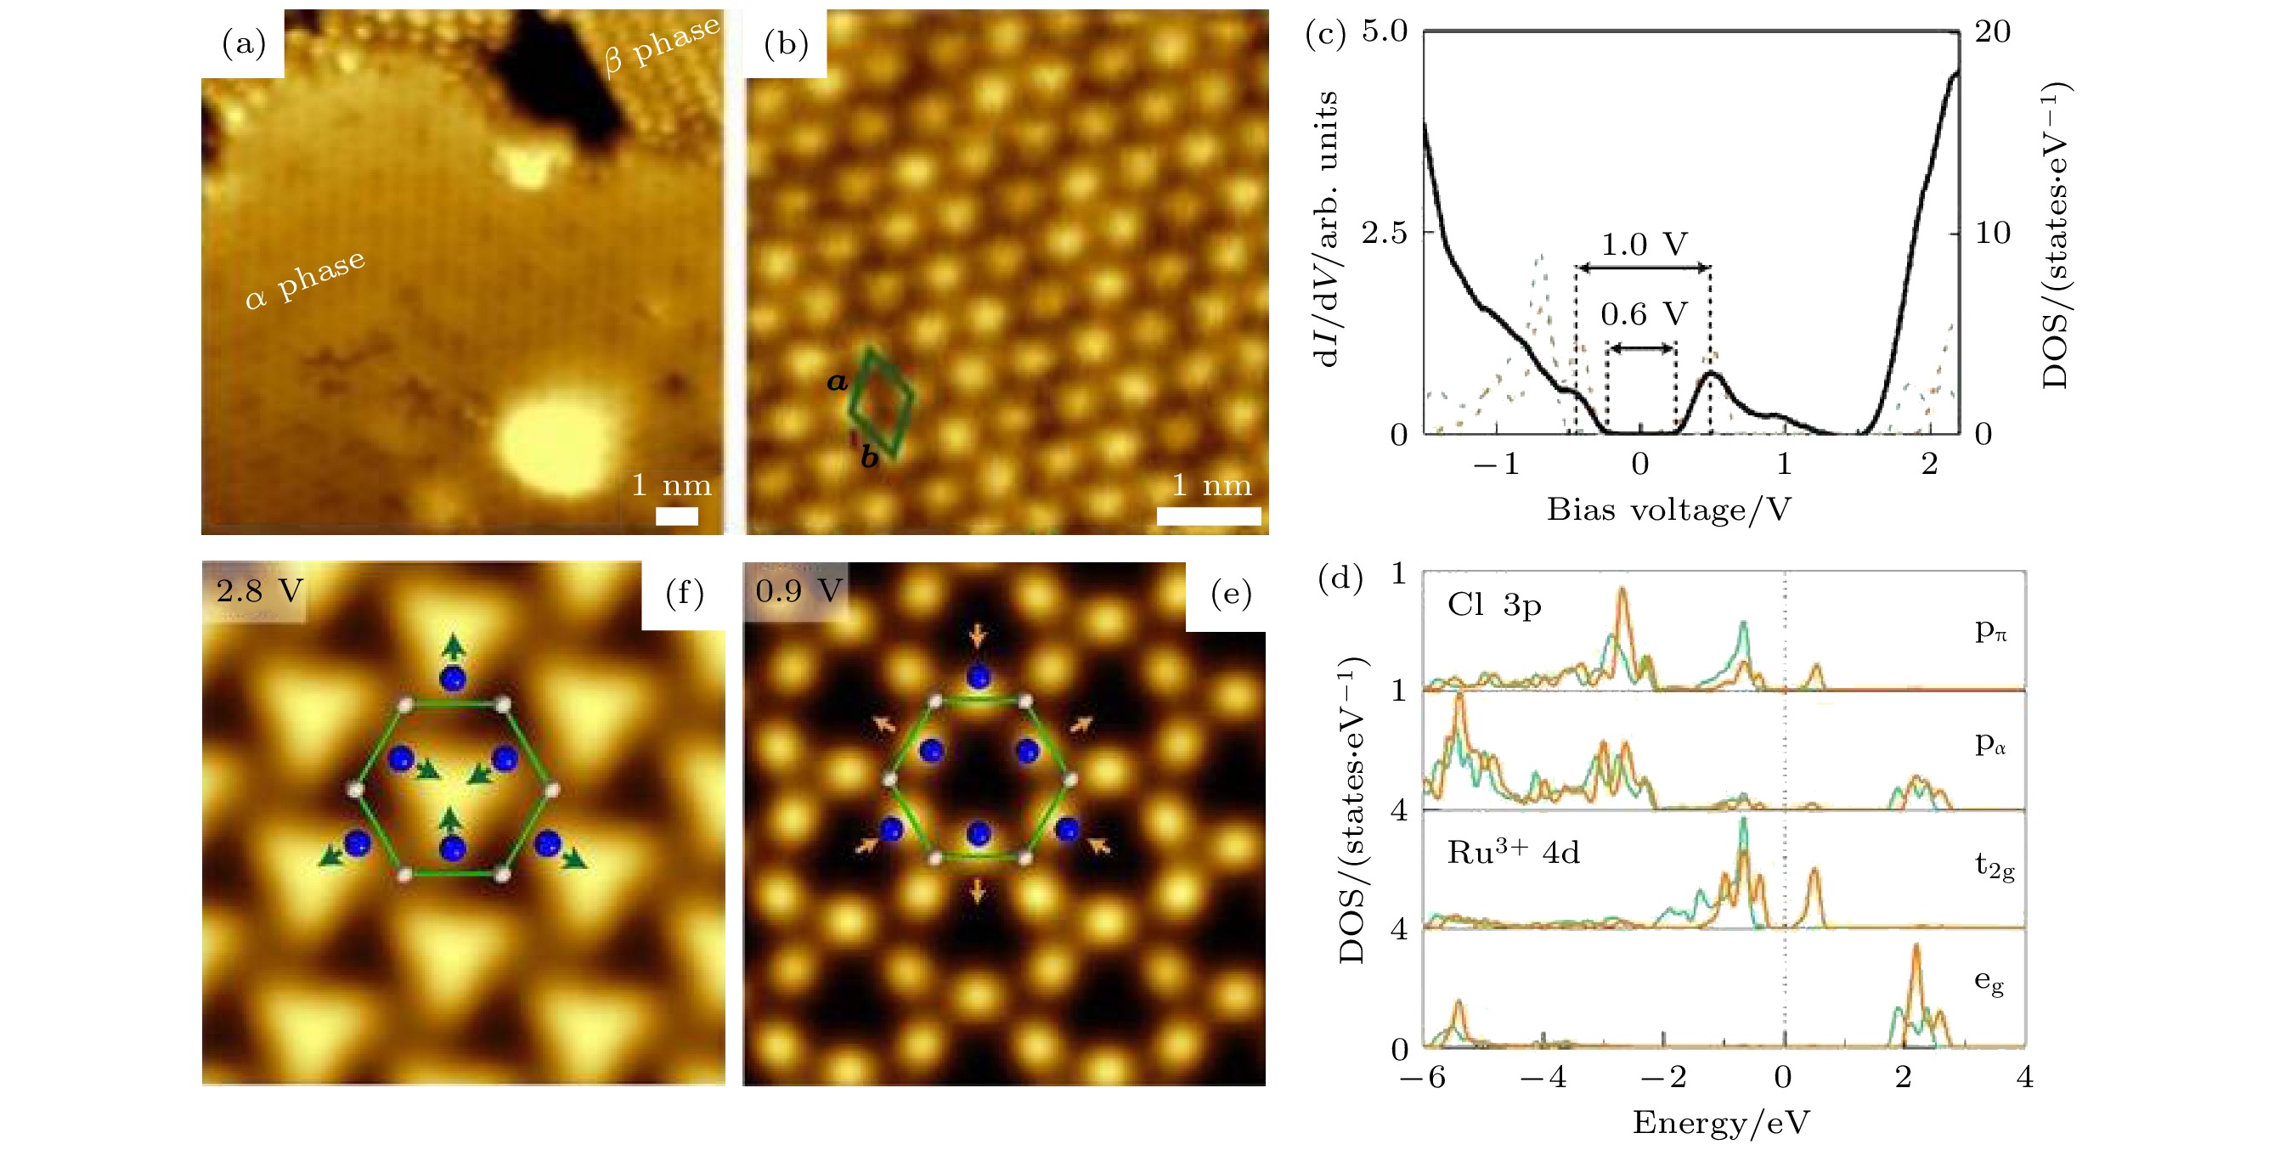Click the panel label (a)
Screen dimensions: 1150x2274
pos(244,42)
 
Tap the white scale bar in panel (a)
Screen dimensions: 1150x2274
pos(676,516)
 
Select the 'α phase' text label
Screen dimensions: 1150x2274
pos(305,279)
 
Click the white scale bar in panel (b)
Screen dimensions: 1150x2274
pos(1209,516)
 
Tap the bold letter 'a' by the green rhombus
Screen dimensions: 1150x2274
pos(837,382)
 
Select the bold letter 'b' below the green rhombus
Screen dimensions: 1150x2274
pos(870,457)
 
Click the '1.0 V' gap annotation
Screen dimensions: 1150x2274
pos(1644,245)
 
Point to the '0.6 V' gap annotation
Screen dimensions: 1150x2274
pos(1644,314)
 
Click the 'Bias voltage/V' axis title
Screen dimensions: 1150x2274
pos(1668,510)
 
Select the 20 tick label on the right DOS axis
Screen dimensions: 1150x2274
pos(1992,31)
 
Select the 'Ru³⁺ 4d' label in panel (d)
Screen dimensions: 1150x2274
pos(1513,853)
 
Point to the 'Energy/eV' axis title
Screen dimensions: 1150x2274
pos(1720,1122)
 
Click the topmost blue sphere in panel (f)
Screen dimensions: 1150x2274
pos(453,679)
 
